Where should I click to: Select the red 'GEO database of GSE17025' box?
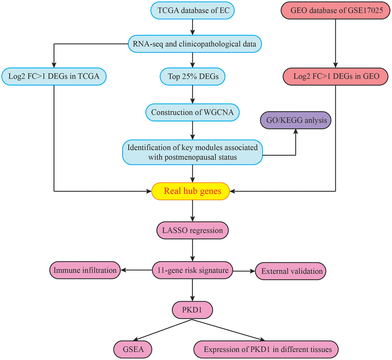point(336,10)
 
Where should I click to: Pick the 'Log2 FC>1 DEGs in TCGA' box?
point(53,76)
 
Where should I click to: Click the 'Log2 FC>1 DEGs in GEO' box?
point(336,76)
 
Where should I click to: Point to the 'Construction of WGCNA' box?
point(193,113)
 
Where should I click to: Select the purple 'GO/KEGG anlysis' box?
point(296,120)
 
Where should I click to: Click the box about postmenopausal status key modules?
point(193,152)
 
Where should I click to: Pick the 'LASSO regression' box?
point(193,231)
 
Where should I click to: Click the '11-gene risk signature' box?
point(193,270)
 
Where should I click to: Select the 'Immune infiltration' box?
point(85,270)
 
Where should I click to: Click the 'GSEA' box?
point(133,349)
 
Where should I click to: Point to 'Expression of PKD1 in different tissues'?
point(266,349)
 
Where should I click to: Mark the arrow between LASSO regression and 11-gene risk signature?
point(193,251)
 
